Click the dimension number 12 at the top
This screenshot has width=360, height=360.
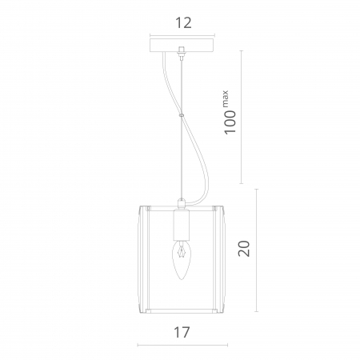coord(183,23)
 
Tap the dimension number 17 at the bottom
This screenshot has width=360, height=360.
coord(182,332)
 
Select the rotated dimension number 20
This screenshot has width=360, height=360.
coord(244,249)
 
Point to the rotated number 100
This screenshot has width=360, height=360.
coord(230,122)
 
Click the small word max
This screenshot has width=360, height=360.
coord(225,99)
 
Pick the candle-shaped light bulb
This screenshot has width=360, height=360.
coord(181,260)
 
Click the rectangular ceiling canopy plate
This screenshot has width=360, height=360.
coord(182,46)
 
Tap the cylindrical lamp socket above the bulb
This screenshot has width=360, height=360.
coord(181,225)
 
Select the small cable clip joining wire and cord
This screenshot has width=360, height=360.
coord(182,115)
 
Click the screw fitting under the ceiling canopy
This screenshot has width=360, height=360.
coord(182,53)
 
